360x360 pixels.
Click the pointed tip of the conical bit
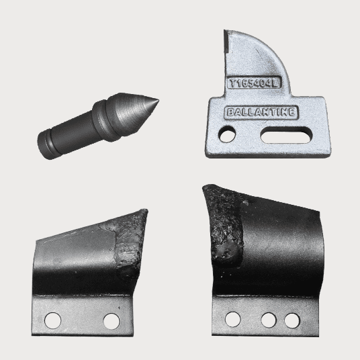[x=159, y=100]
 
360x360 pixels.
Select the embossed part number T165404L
[x=254, y=83]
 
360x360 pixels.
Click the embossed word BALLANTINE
[x=261, y=113]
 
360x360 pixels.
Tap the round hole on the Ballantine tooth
[x=228, y=134]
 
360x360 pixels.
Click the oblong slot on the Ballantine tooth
[x=286, y=135]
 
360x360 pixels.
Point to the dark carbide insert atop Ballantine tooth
[x=226, y=42]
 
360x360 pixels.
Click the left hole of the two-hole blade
[x=53, y=320]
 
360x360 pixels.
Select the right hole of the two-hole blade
[x=111, y=321]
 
